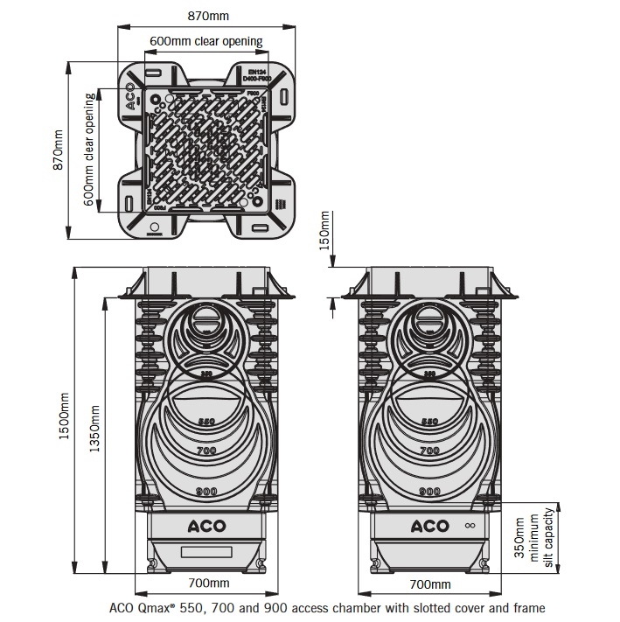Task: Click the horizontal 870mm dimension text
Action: coord(207,15)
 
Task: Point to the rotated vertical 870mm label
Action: coord(59,150)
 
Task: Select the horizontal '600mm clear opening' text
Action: coord(207,41)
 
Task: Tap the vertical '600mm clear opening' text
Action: coord(88,150)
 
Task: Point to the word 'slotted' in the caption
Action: coord(408,607)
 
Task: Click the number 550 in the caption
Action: coord(193,607)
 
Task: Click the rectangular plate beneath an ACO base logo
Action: coord(206,551)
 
